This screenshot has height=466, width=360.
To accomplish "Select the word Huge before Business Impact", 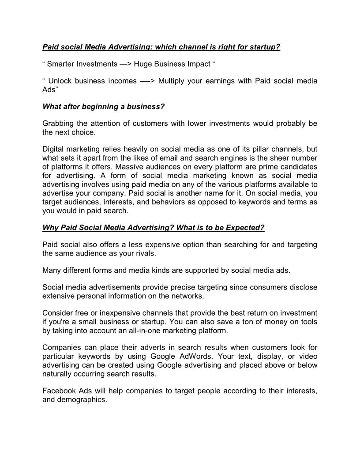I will click(x=142, y=64).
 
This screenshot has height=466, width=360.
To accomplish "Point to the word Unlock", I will click(x=60, y=81).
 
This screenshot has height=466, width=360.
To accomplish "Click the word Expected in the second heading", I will click(x=245, y=228).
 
